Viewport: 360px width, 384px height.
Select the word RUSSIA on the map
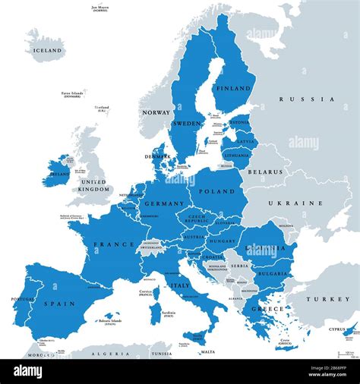(306, 99)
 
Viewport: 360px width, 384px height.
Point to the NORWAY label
(155, 112)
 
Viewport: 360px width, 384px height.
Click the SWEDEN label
(187, 122)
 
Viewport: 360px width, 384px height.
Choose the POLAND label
(218, 192)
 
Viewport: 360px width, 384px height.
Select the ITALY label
(180, 285)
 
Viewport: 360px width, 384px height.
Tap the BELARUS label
(268, 173)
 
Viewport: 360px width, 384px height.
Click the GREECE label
(272, 309)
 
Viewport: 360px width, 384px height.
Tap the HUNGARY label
(223, 241)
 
